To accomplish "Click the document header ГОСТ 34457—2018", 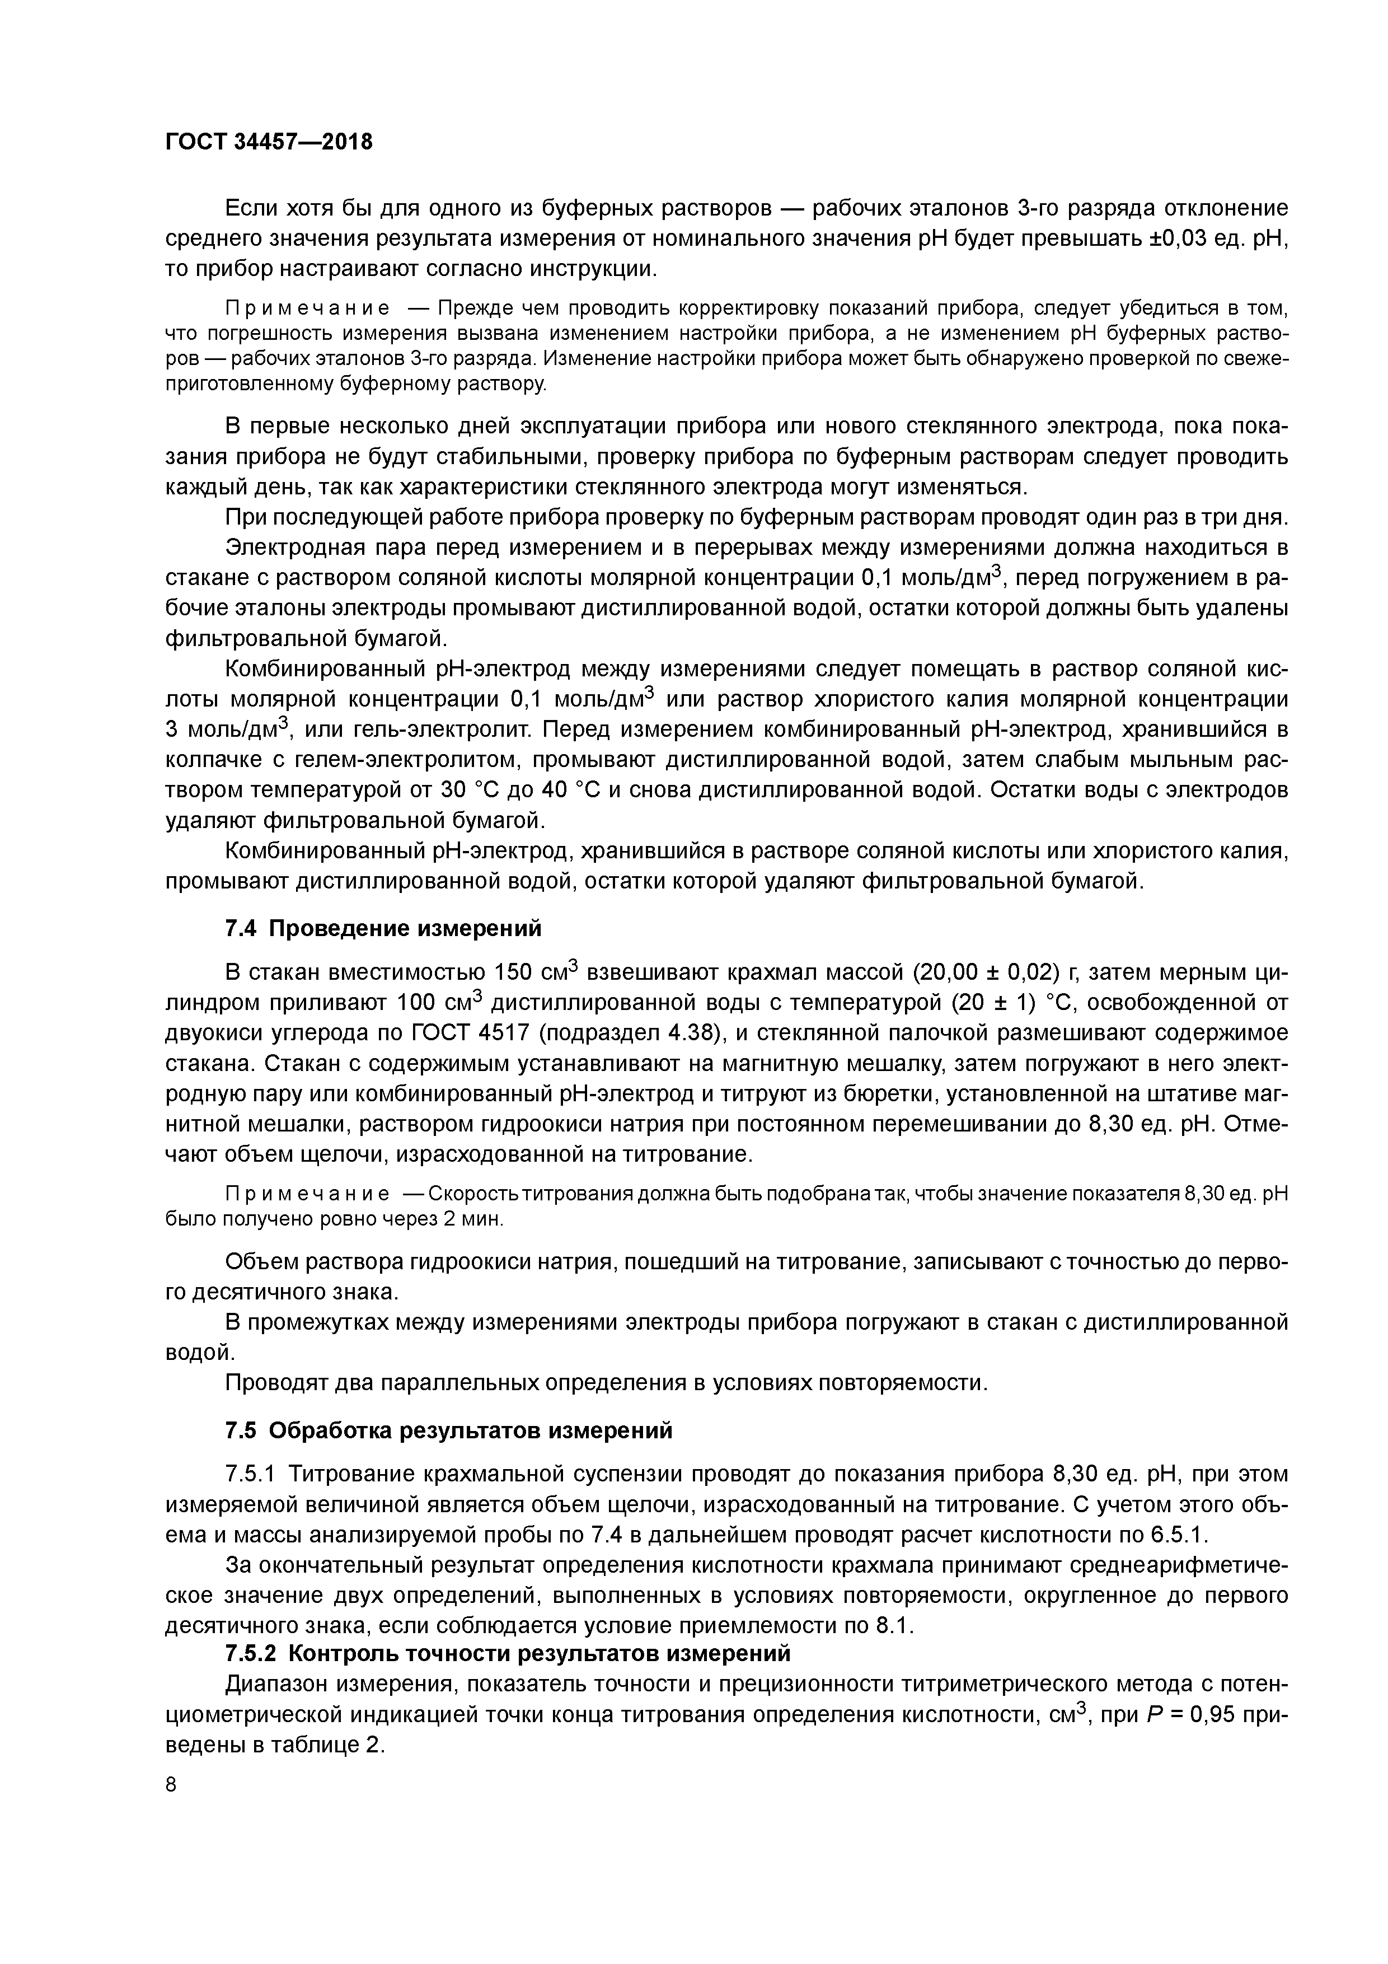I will [269, 141].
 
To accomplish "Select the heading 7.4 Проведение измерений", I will [383, 928].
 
